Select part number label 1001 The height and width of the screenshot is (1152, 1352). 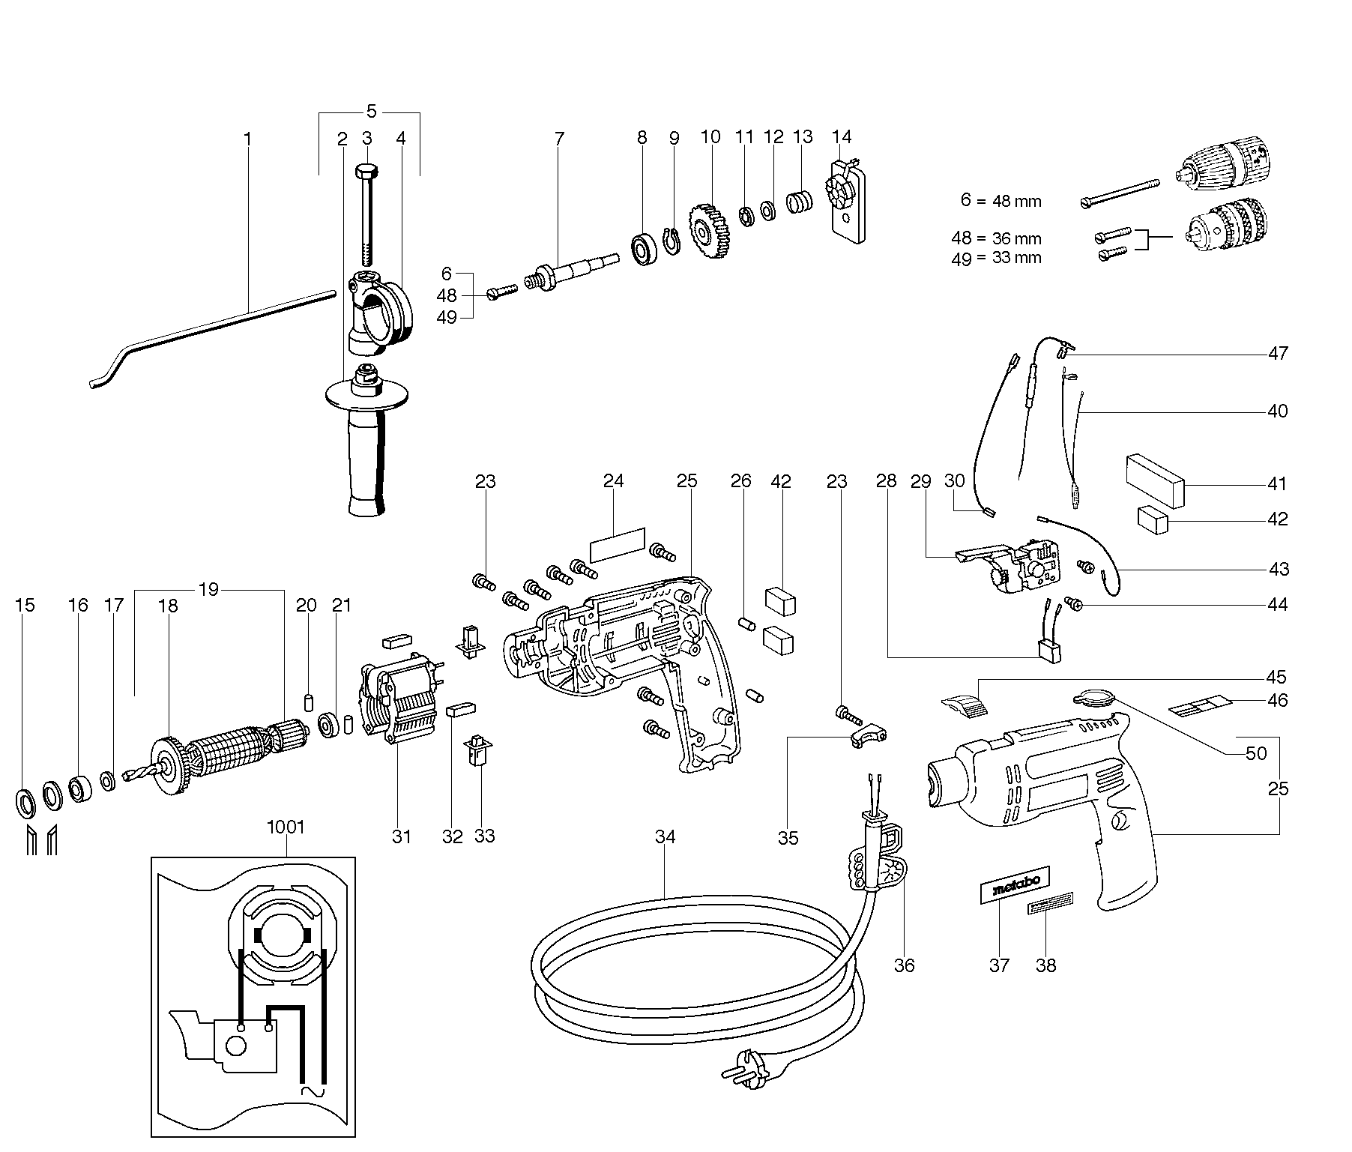[x=286, y=827]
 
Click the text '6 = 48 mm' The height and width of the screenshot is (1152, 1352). [x=1001, y=201]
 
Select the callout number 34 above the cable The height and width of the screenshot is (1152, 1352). [x=665, y=837]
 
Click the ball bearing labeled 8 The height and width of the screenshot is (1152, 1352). [x=644, y=248]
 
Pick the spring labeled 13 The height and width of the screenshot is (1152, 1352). [x=800, y=202]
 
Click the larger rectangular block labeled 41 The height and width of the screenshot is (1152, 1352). [x=1155, y=480]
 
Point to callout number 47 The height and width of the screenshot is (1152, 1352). [x=1278, y=353]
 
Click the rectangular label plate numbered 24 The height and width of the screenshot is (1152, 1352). [x=618, y=544]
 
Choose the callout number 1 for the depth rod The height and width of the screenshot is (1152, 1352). [x=248, y=139]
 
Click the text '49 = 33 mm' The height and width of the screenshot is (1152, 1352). [x=996, y=258]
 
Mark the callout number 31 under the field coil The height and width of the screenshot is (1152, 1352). [x=402, y=836]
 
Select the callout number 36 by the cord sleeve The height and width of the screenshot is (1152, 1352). [x=905, y=965]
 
